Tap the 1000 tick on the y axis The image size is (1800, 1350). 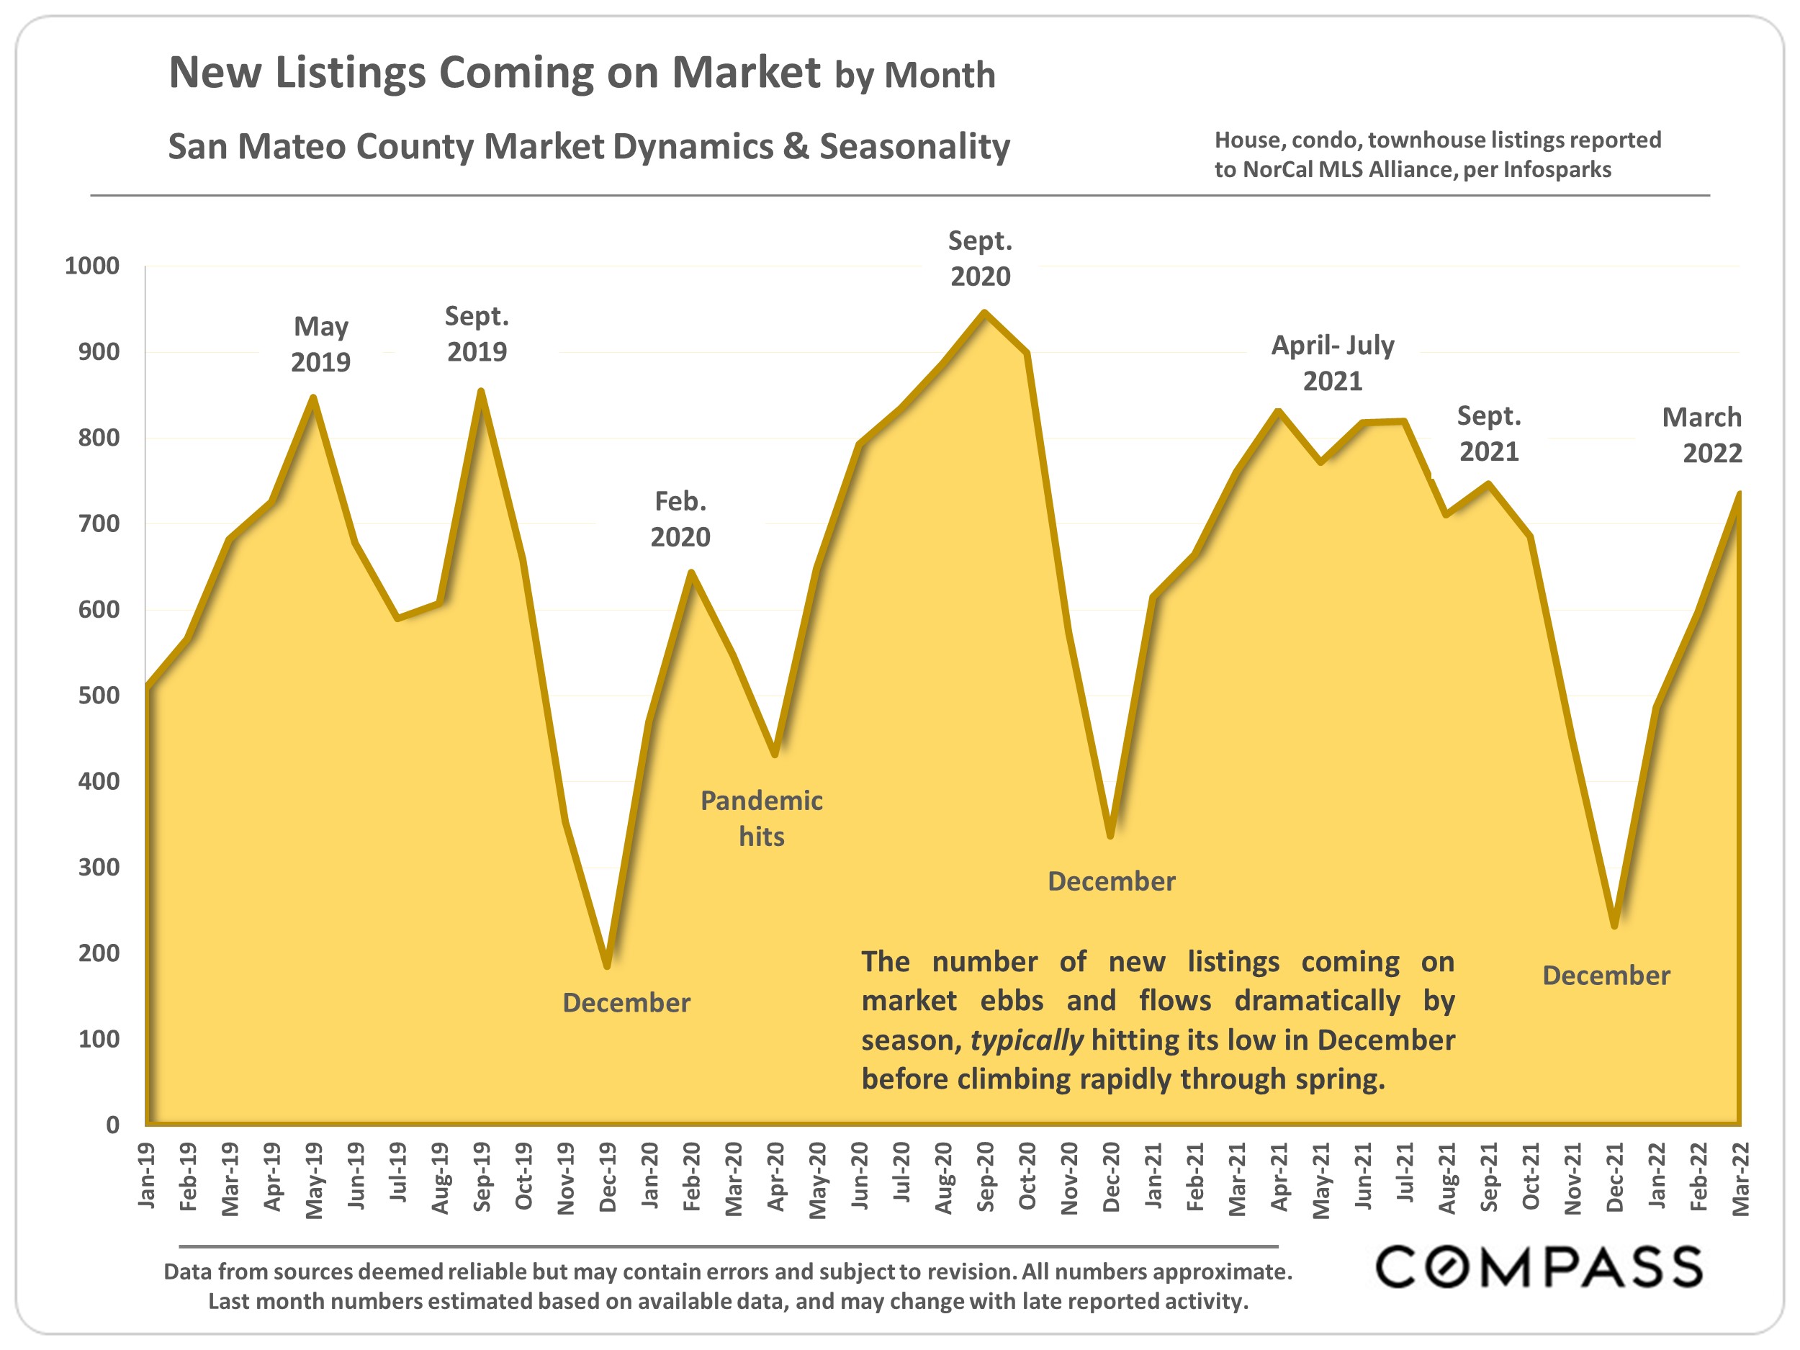coord(92,266)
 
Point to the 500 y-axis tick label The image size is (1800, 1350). coord(99,696)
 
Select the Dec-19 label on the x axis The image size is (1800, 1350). coord(608,1177)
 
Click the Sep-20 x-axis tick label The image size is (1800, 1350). coord(986,1177)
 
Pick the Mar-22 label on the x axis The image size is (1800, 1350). coord(1740,1177)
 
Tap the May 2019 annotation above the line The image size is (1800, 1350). coord(320,344)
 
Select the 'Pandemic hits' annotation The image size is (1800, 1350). coord(762,819)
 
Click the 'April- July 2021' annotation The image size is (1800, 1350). coord(1333,363)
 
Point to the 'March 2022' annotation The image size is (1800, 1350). coord(1702,436)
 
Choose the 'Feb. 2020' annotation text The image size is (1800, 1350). coord(680,519)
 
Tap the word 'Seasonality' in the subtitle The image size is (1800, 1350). coord(914,148)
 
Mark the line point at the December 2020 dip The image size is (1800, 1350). coord(1111,836)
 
